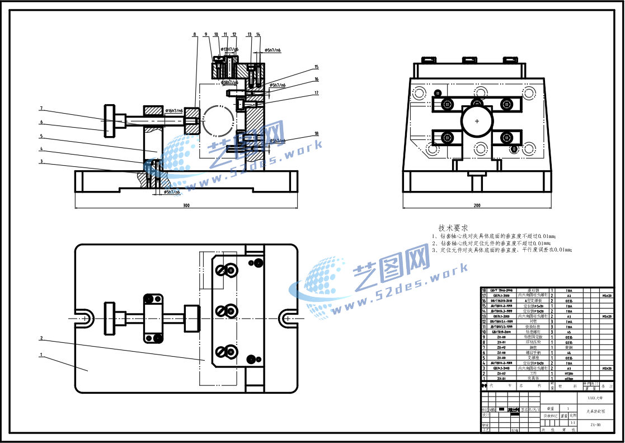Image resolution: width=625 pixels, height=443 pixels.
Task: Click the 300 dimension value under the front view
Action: click(186, 206)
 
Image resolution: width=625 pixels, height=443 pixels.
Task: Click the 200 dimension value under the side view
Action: click(477, 206)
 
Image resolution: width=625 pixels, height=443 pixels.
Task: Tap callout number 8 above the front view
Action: click(195, 35)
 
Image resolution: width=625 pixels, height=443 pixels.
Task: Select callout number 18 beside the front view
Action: click(316, 134)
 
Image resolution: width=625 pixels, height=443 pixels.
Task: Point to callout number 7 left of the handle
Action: click(41, 108)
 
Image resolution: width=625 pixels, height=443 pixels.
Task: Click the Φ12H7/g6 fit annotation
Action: click(229, 49)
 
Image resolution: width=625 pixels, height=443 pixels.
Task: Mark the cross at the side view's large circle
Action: click(477, 121)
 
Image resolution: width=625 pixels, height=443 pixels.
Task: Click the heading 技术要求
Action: click(453, 228)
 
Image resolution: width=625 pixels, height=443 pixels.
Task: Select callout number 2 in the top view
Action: click(41, 338)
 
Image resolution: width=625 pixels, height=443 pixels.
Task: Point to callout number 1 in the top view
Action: click(41, 355)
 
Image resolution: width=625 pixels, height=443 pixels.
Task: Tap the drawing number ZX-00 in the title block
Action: click(595, 425)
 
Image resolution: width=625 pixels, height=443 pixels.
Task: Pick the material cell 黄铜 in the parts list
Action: click(568, 347)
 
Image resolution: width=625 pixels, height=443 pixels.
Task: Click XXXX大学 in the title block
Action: click(595, 398)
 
